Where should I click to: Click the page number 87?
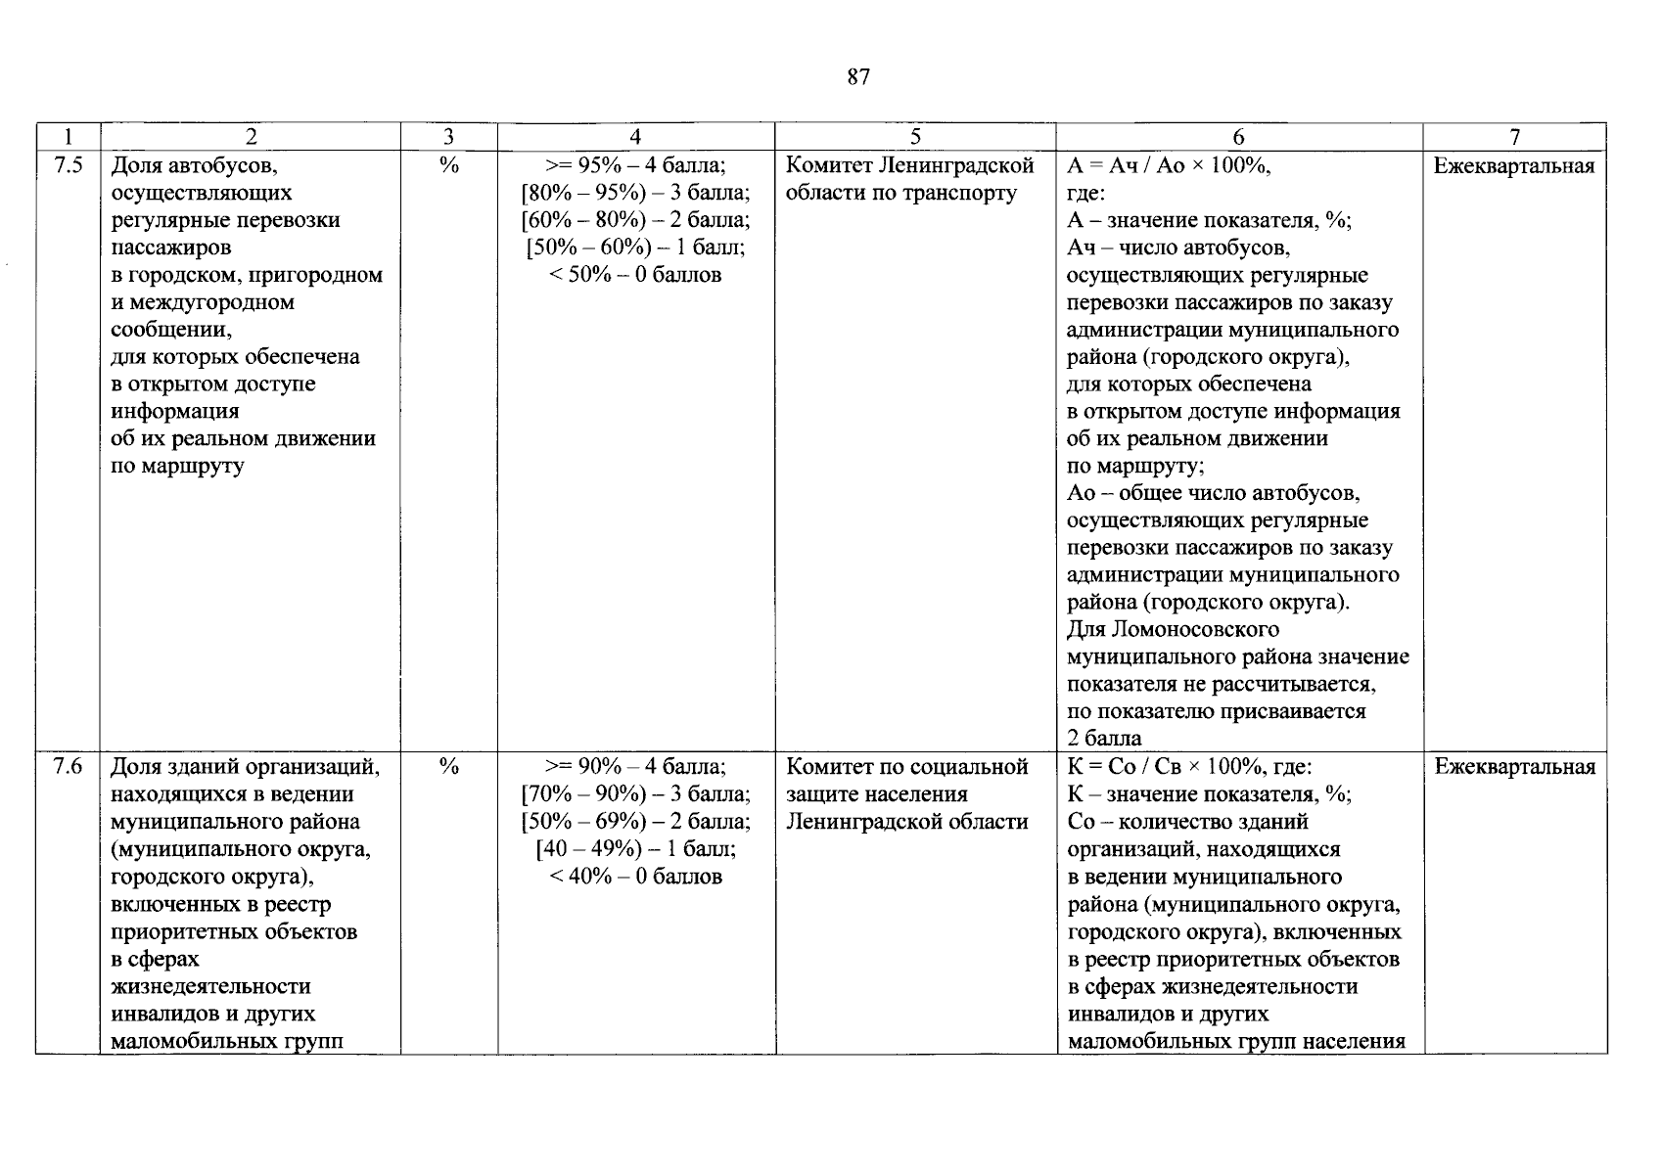(858, 77)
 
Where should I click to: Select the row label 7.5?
(68, 165)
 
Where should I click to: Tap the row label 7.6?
(68, 767)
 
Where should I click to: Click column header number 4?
(636, 138)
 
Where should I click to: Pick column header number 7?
(1515, 138)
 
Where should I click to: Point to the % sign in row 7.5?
(449, 165)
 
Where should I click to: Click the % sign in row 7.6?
(449, 767)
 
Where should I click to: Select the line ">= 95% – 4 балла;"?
(636, 165)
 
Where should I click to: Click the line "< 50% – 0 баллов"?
(636, 275)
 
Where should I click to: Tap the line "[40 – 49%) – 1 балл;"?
(636, 849)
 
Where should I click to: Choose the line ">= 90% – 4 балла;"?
(636, 767)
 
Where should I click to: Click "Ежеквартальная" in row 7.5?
(1514, 165)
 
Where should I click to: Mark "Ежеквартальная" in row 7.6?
(1514, 767)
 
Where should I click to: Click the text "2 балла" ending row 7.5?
(1104, 738)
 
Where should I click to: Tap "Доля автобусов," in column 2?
(195, 165)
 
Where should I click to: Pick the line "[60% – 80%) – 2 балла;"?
(636, 220)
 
